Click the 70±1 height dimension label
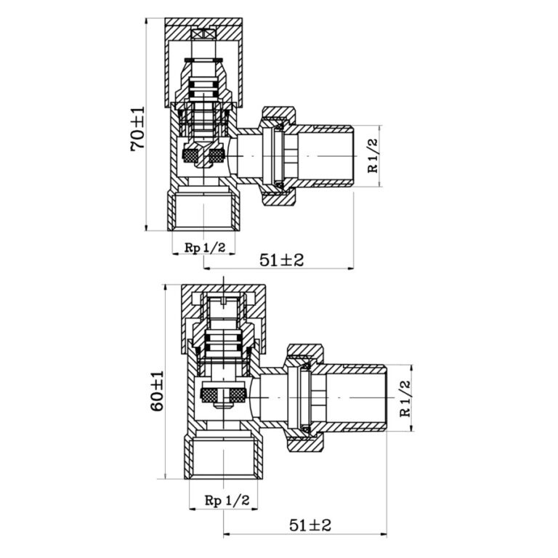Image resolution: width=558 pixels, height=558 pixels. click(x=138, y=129)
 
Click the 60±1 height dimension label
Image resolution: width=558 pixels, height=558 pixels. click(x=157, y=391)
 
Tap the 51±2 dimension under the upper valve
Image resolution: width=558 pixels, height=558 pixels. click(x=281, y=260)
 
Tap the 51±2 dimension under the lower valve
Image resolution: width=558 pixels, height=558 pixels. click(x=310, y=525)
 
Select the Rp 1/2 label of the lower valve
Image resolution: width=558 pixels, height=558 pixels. click(x=227, y=501)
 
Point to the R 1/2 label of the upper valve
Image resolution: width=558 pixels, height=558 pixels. click(x=372, y=155)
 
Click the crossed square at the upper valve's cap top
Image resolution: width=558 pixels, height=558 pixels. click(x=203, y=35)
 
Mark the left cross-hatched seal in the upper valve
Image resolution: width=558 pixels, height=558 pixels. click(x=189, y=155)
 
